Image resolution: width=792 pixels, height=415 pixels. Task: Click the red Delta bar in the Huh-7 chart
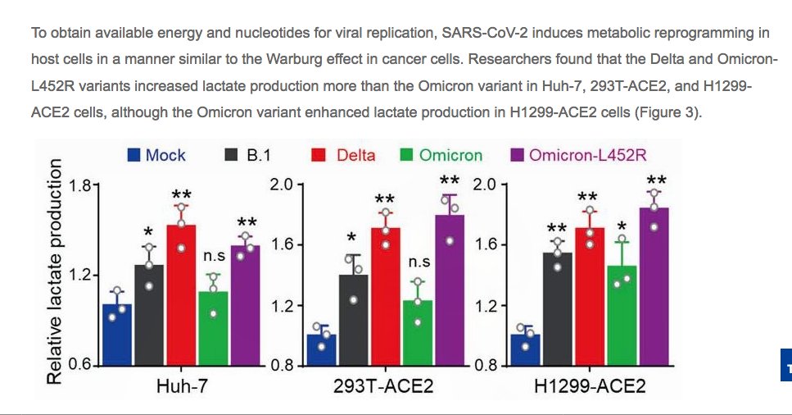pyautogui.click(x=181, y=295)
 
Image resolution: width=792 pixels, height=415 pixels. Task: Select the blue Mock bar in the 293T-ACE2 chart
pyautogui.click(x=321, y=349)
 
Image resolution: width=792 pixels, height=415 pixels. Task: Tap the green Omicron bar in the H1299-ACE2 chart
pyautogui.click(x=622, y=315)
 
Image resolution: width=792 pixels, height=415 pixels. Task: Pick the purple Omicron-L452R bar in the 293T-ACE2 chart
pyautogui.click(x=450, y=290)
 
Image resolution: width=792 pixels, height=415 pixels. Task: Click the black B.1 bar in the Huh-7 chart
pyautogui.click(x=149, y=315)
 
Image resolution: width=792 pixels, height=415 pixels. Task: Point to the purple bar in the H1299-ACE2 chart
pyautogui.click(x=654, y=286)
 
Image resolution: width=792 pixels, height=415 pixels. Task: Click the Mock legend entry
pyautogui.click(x=156, y=155)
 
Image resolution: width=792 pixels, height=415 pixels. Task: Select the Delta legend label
pyautogui.click(x=356, y=155)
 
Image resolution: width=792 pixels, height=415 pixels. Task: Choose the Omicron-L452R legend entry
pyautogui.click(x=579, y=155)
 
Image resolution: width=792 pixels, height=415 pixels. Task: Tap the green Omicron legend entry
pyautogui.click(x=441, y=155)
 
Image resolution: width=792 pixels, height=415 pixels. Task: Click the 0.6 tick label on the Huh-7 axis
pyautogui.click(x=79, y=364)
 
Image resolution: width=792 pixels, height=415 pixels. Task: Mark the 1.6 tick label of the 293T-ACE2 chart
pyautogui.click(x=283, y=245)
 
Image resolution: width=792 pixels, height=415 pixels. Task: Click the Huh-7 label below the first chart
pyautogui.click(x=182, y=386)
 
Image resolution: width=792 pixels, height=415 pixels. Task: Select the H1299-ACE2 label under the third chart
pyautogui.click(x=590, y=386)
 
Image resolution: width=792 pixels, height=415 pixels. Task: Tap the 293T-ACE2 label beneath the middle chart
pyautogui.click(x=383, y=386)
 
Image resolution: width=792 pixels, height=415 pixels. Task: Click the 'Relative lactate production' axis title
pyautogui.click(x=55, y=271)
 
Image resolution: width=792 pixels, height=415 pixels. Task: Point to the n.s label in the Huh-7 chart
pyautogui.click(x=214, y=256)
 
